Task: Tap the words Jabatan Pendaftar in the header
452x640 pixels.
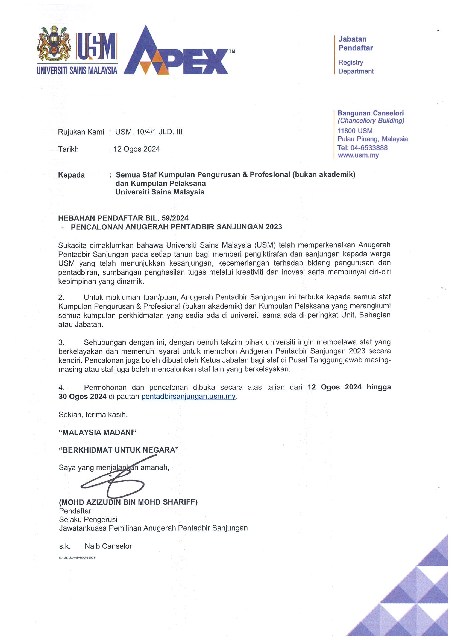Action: coord(355,43)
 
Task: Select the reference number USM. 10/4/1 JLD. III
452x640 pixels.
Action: coord(149,132)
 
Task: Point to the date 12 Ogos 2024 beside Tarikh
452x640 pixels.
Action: coord(136,149)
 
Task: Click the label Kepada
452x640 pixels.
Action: coord(71,175)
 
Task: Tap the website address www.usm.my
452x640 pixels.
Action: coord(358,155)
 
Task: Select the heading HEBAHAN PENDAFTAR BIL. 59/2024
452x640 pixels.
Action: coord(123,218)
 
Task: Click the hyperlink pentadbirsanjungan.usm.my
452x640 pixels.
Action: coord(189,396)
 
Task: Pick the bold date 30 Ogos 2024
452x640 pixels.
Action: coord(83,396)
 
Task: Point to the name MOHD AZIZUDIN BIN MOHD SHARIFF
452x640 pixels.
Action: coord(128,502)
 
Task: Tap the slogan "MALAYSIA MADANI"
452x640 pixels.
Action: coord(98,432)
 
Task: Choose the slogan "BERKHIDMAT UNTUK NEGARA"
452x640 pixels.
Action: coord(119,450)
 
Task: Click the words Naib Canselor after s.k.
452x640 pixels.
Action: coord(108,546)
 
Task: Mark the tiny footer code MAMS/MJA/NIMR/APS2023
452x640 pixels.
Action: coord(77,558)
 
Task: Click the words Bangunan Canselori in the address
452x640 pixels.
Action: coord(370,113)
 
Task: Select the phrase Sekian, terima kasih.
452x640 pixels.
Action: coord(93,414)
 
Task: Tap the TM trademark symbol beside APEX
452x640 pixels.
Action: coord(232,51)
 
